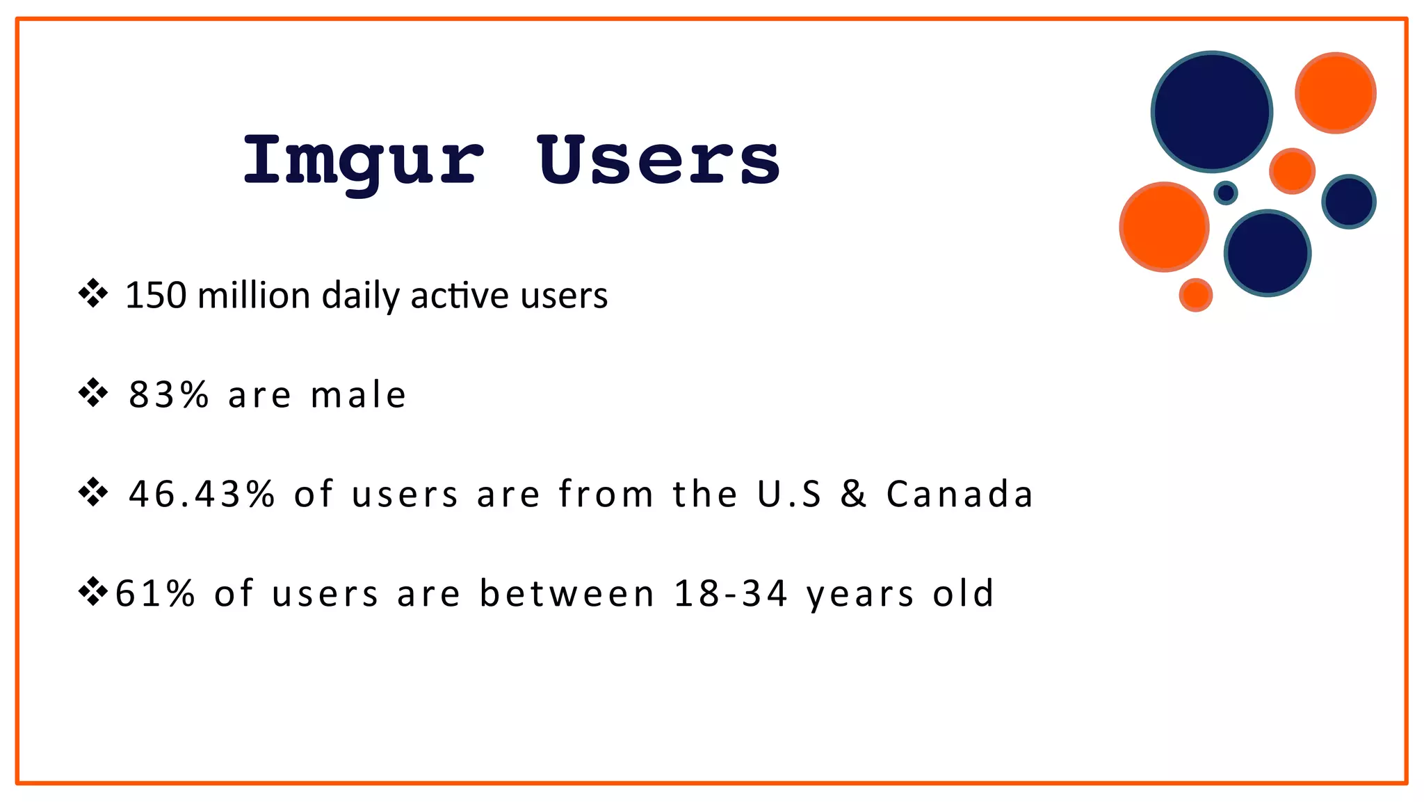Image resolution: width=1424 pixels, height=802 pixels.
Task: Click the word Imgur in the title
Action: [x=362, y=162]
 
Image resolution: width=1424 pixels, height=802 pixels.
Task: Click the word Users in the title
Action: [x=658, y=161]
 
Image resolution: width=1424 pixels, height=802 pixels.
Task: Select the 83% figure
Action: [x=168, y=395]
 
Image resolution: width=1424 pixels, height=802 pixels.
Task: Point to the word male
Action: [x=358, y=395]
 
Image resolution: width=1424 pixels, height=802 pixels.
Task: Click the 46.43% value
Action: [x=202, y=495]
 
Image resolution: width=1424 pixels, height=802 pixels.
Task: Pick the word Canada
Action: [x=959, y=495]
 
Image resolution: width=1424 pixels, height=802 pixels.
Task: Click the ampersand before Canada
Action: [x=853, y=495]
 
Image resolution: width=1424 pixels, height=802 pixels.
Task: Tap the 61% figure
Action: [x=155, y=594]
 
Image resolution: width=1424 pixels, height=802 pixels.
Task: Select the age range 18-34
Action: [x=730, y=594]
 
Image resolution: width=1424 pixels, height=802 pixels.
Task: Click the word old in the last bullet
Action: [x=963, y=594]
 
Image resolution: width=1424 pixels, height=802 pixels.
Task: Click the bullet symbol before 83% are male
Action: [x=93, y=394]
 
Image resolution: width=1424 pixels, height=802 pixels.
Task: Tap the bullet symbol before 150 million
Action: [x=93, y=294]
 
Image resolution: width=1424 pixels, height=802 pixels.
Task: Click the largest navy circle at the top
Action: [x=1211, y=111]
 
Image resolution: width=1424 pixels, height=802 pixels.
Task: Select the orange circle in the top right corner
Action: [x=1335, y=93]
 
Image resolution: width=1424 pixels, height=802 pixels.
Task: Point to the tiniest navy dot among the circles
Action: [x=1225, y=193]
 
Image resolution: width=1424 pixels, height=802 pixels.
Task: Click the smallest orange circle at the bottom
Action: [x=1195, y=295]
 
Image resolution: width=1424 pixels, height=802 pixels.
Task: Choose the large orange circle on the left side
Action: [x=1163, y=227]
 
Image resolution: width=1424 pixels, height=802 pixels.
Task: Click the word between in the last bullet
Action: [x=567, y=594]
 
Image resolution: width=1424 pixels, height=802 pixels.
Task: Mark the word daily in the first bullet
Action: [x=360, y=296]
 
